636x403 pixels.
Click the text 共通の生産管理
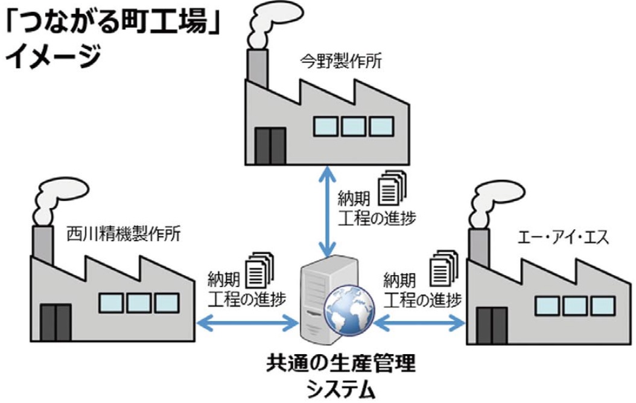point(340,365)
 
